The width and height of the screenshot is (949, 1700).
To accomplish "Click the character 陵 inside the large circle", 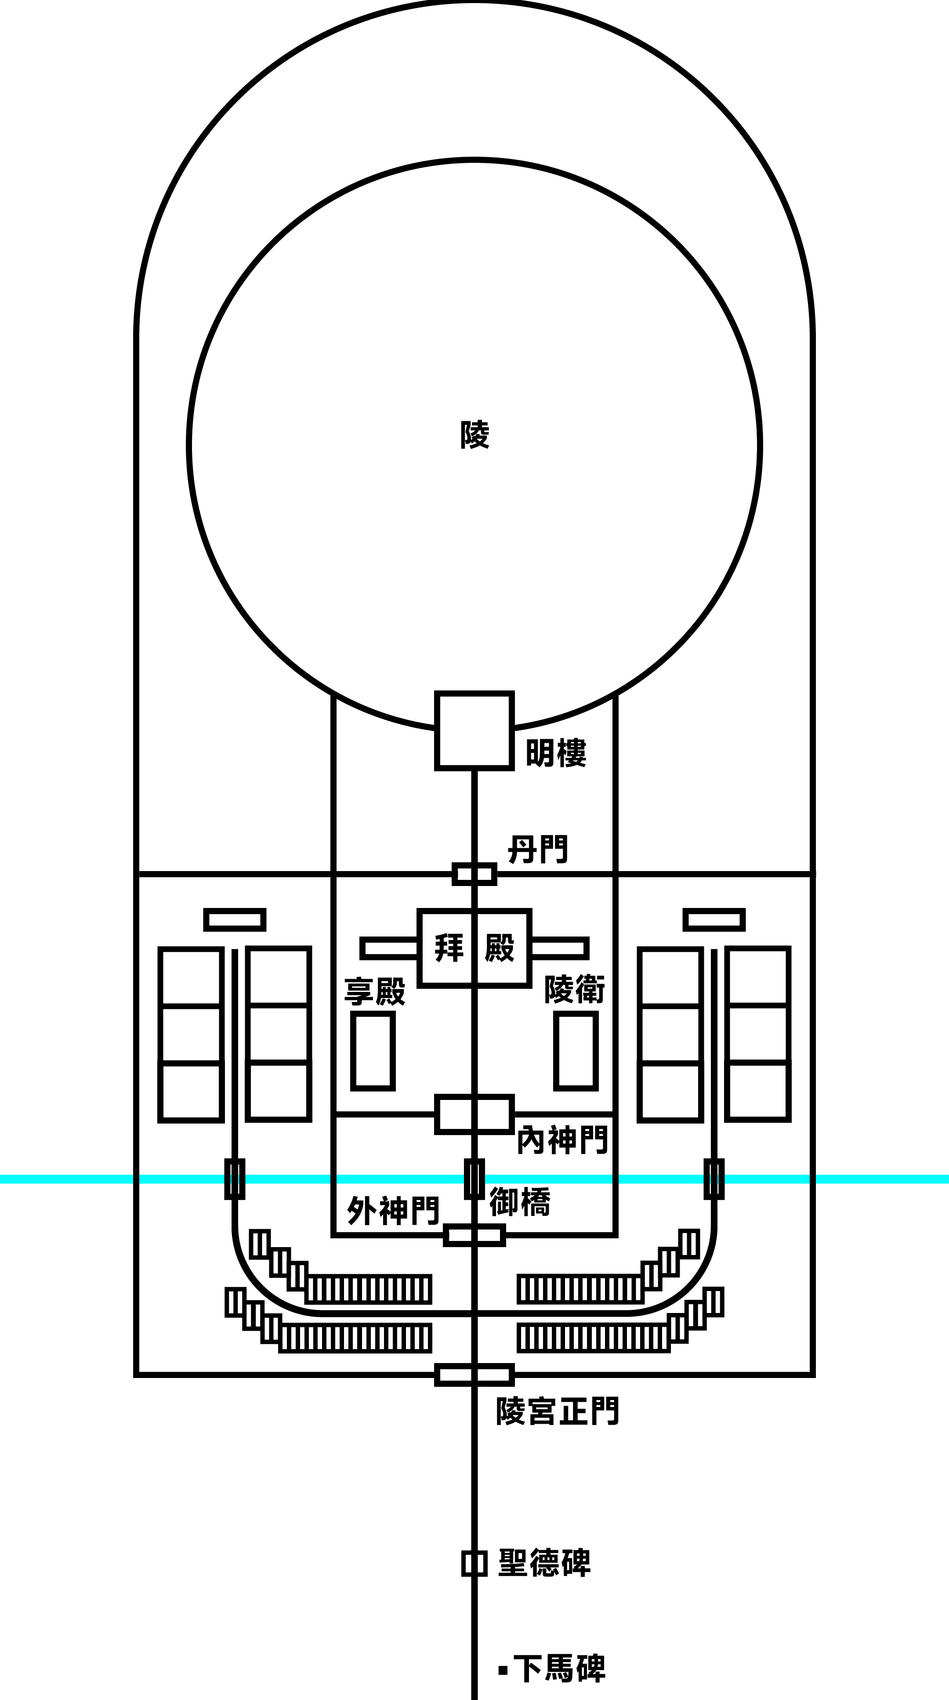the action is click(x=474, y=435).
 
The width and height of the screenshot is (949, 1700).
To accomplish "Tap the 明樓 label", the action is click(x=556, y=753).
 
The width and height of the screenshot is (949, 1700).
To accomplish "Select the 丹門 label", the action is click(x=538, y=849).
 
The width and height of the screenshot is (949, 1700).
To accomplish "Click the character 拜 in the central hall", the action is click(x=449, y=948).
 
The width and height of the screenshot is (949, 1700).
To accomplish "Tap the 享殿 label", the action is click(x=375, y=991).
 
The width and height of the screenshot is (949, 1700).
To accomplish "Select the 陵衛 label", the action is click(x=575, y=989).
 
